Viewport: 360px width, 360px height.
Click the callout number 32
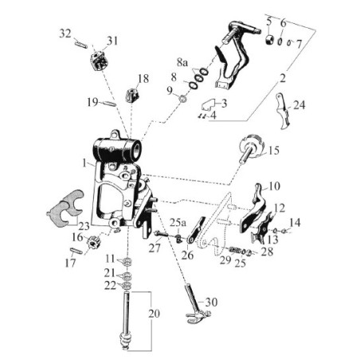coord(65,33)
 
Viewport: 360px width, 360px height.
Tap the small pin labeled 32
coord(81,45)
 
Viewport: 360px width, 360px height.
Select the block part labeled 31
coord(100,60)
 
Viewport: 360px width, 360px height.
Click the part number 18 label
coord(143,79)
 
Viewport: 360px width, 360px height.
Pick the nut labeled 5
coord(270,40)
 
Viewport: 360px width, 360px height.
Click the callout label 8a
coord(182,63)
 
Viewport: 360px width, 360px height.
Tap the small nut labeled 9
coord(182,99)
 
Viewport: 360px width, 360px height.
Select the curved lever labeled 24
coord(283,111)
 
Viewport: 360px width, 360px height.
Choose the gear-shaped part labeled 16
coord(92,243)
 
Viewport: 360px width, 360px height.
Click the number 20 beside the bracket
coord(154,314)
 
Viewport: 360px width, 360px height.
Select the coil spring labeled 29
coord(236,250)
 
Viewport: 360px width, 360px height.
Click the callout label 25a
coord(178,222)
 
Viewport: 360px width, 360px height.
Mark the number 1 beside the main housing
coord(84,163)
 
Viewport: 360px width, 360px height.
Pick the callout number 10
coord(275,186)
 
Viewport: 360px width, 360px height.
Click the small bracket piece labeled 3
coord(209,104)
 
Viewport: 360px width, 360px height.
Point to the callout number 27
coord(155,248)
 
